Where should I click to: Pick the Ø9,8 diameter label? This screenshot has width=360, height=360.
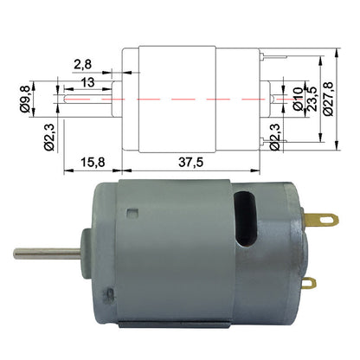(x=25, y=101)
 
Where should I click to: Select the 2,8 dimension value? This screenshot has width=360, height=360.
(x=84, y=63)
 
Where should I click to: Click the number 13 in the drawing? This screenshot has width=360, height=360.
(x=88, y=81)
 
